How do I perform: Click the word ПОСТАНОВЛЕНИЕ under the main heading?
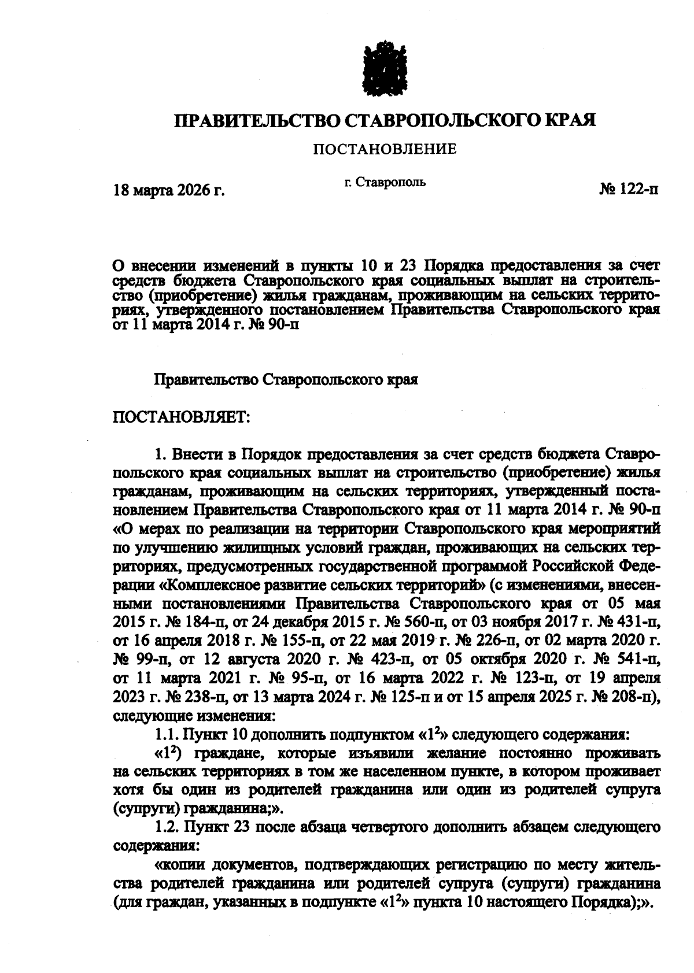coord(385,150)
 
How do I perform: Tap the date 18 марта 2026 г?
coord(168,190)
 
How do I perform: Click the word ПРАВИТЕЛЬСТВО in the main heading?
coord(258,120)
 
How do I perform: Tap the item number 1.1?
coord(166,735)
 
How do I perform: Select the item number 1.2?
coord(166,827)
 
